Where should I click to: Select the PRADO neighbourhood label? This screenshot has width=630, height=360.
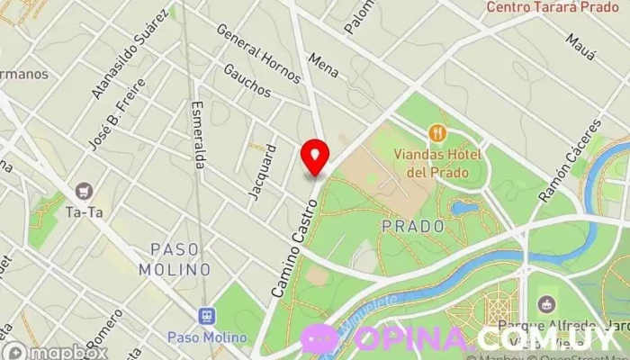click(414, 226)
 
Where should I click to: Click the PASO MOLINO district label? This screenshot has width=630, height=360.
click(175, 258)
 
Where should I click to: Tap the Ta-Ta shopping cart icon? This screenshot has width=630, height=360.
click(85, 191)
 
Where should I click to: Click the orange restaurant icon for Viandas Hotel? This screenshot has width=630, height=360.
click(438, 133)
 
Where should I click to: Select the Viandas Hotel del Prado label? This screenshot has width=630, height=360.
click(438, 162)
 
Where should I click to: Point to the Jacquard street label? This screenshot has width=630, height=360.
click(261, 171)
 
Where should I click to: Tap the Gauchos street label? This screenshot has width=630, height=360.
click(247, 80)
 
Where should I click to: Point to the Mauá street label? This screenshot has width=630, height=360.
click(581, 47)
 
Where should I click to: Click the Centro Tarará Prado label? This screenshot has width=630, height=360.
click(553, 7)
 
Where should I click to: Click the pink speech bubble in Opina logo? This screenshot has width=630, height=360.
click(319, 338)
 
